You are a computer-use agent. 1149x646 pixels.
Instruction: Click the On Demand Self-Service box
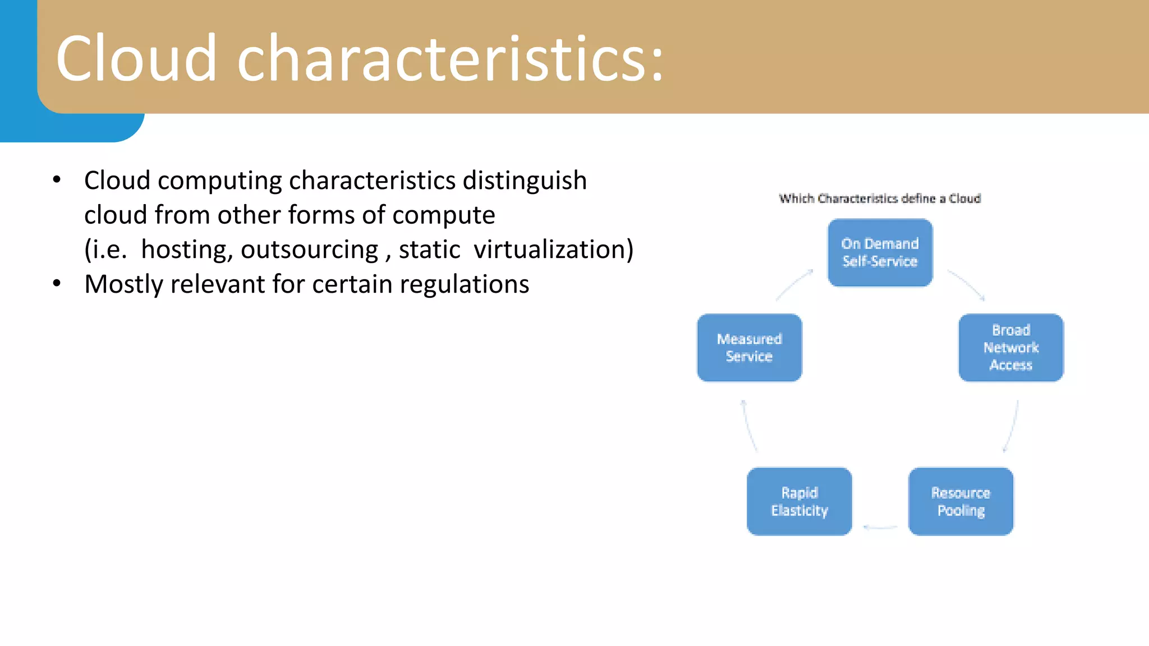(880, 253)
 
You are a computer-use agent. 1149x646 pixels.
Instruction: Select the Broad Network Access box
(1010, 348)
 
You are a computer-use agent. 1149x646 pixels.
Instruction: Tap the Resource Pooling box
(960, 501)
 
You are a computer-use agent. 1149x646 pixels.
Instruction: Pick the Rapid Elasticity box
(799, 501)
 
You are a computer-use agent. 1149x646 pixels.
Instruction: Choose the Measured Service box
(749, 348)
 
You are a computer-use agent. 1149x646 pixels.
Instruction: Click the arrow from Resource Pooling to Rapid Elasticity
(880, 527)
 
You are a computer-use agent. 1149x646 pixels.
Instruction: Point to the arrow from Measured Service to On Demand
(793, 285)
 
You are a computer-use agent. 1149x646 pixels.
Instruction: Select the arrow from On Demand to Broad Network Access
(967, 285)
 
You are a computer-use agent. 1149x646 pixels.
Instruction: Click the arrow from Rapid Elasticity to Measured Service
(749, 426)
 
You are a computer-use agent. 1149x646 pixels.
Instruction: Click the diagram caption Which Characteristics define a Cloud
(880, 199)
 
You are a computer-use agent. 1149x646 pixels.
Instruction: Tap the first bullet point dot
(57, 180)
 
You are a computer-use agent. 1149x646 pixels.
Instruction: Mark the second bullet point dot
(57, 284)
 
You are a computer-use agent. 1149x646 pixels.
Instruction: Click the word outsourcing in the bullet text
(309, 250)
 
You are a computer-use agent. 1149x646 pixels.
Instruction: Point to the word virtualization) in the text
(553, 250)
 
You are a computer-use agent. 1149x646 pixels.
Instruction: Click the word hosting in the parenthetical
(187, 250)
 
